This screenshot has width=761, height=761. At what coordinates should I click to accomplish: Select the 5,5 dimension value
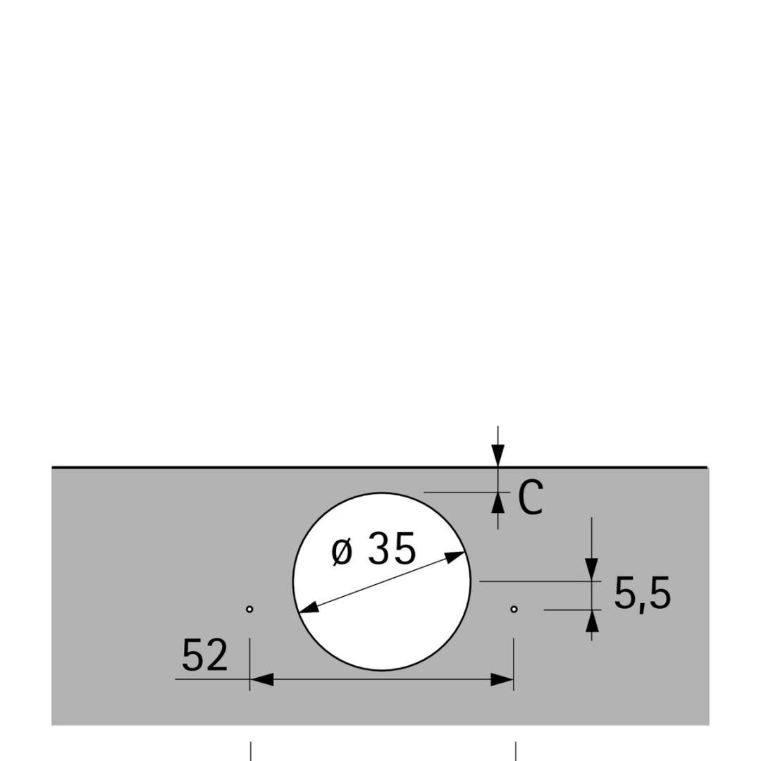coord(643,593)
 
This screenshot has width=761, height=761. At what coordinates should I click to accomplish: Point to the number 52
coord(204,655)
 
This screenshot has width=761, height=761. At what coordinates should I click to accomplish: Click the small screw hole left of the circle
coord(249,609)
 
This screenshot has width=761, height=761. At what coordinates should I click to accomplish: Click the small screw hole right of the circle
coord(514,609)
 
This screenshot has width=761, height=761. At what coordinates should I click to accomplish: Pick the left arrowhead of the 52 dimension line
coord(261,679)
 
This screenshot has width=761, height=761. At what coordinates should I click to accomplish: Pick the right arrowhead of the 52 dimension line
coord(502,679)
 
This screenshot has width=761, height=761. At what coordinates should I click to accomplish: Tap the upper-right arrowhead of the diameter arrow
coord(454,557)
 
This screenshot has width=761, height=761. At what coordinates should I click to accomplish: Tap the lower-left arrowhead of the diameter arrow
coord(309,607)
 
